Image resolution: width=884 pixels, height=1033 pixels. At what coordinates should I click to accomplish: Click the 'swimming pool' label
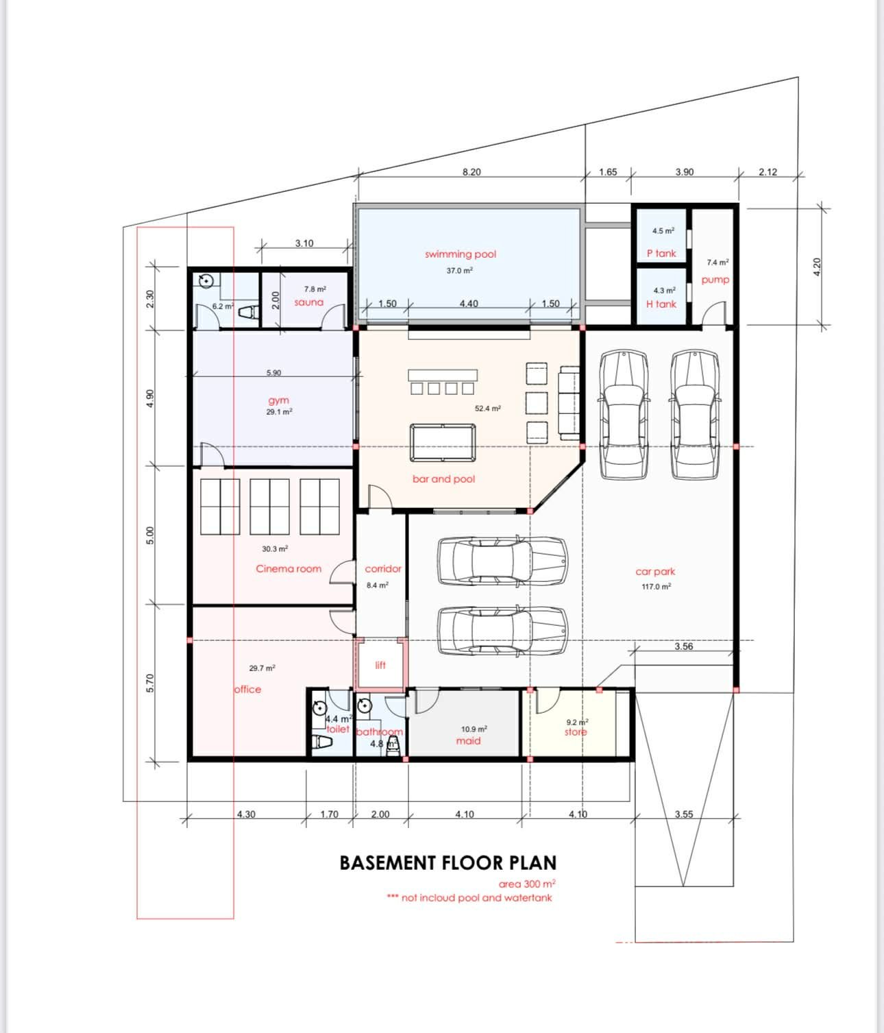pyautogui.click(x=461, y=254)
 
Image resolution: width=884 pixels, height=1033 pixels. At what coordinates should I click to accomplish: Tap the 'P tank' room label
pyautogui.click(x=661, y=254)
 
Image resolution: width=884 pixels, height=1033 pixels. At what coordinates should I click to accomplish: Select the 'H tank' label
pyautogui.click(x=661, y=304)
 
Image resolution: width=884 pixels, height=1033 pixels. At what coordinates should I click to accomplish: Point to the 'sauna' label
pyautogui.click(x=309, y=302)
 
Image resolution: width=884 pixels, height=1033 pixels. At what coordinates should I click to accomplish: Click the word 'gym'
pyautogui.click(x=278, y=400)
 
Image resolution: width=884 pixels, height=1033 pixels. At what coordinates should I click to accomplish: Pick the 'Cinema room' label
pyautogui.click(x=288, y=569)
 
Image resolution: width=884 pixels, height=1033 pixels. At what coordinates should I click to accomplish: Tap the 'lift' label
pyautogui.click(x=380, y=665)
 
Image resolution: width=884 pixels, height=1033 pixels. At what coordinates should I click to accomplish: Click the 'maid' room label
pyautogui.click(x=468, y=740)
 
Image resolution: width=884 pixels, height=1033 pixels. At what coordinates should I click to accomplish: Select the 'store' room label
pyautogui.click(x=576, y=732)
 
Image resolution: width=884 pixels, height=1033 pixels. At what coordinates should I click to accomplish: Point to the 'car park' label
pyautogui.click(x=655, y=572)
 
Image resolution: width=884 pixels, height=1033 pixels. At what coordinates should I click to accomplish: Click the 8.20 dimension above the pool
pyautogui.click(x=471, y=172)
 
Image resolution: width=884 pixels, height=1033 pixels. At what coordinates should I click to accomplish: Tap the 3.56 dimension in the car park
pyautogui.click(x=684, y=646)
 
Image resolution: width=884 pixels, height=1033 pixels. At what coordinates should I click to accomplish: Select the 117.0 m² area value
pyautogui.click(x=656, y=586)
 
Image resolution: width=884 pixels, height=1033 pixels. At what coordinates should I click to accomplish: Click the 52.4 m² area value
pyautogui.click(x=488, y=409)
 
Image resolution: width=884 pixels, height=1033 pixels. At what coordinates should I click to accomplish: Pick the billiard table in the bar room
pyautogui.click(x=443, y=442)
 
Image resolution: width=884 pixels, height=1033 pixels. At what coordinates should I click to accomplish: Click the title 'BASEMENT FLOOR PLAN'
pyautogui.click(x=447, y=863)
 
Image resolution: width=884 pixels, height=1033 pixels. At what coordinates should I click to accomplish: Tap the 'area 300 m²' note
pyautogui.click(x=527, y=884)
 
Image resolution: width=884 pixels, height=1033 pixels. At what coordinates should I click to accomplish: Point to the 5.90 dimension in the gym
pyautogui.click(x=273, y=373)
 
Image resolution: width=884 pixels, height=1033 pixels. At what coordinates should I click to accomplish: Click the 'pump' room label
pyautogui.click(x=715, y=280)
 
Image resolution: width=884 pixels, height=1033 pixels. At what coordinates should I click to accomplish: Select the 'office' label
pyautogui.click(x=248, y=689)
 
